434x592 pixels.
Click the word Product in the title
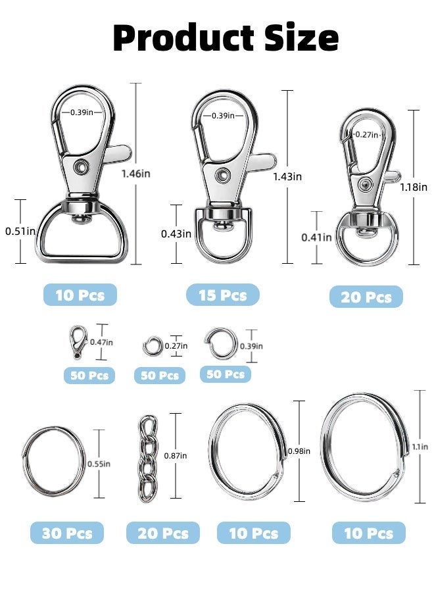point(183,37)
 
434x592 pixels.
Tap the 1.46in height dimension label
point(136,174)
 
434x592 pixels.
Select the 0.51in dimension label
point(20,231)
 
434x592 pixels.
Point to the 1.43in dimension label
point(287,176)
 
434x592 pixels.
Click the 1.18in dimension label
point(414,187)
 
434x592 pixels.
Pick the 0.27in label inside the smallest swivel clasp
point(366,134)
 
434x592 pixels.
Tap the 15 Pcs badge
point(223,295)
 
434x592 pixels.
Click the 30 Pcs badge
point(67,533)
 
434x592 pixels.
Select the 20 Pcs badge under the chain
point(162,533)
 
